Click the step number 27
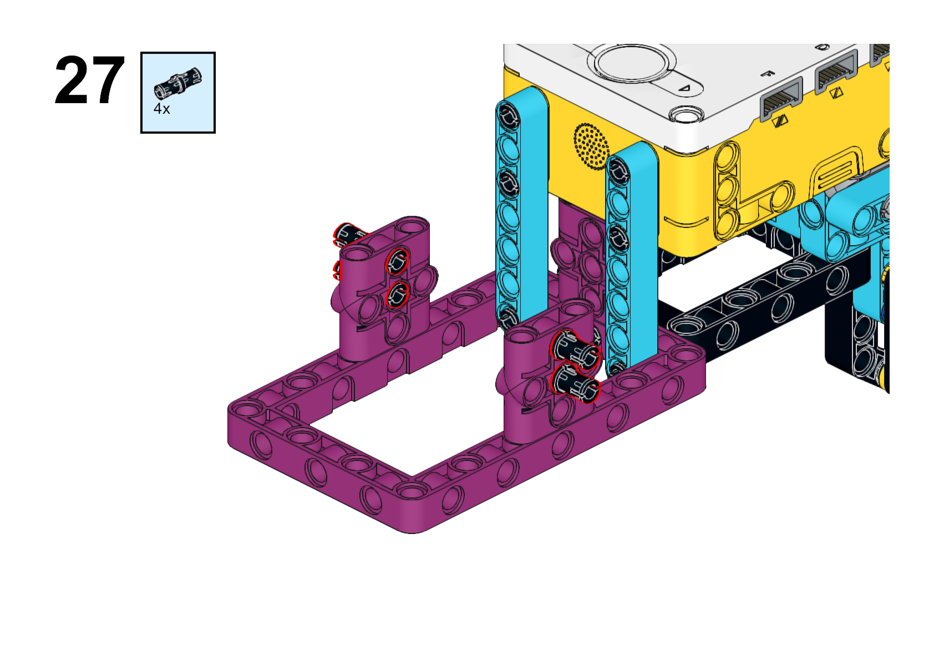coord(89,80)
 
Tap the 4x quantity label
coord(162,109)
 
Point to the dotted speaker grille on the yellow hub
coord(591,146)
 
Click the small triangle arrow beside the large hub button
coord(684,88)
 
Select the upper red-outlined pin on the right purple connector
coord(575,349)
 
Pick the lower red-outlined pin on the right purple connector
coord(575,384)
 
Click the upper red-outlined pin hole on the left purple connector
coord(397,261)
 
